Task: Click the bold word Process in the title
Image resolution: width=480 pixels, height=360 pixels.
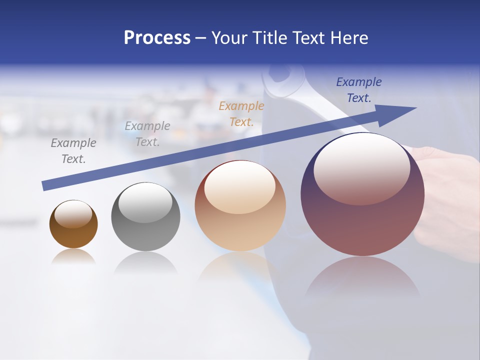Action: coord(157,38)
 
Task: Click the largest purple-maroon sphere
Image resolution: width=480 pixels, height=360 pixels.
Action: coord(362,220)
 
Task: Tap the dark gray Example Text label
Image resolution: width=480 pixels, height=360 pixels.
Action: coord(73,151)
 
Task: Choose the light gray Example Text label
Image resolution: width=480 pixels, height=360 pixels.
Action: coord(147,134)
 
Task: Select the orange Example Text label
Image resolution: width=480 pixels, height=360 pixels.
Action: coord(241,113)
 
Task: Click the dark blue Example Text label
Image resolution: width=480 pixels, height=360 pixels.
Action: coord(359,90)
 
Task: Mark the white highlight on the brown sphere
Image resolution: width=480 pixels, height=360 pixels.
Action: coord(73,213)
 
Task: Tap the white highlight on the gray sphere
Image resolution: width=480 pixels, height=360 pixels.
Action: coord(145,202)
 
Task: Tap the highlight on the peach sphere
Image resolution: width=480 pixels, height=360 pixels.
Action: coord(240,187)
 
